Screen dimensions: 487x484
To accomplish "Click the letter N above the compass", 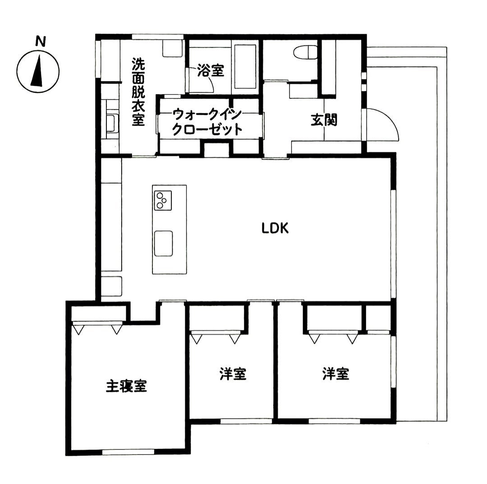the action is point(41,41).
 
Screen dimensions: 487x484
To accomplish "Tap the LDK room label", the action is point(275,229).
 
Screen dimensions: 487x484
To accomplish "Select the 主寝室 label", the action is point(126,386).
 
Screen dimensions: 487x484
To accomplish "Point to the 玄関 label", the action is point(324,120).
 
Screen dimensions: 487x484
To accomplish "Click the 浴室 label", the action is point(211,71).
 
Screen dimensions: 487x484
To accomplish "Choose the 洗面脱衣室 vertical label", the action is point(138,92).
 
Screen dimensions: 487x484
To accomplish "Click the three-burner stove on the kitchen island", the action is point(163,200).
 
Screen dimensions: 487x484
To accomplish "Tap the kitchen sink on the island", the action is point(163,244).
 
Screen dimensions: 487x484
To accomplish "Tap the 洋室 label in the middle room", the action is point(233,374).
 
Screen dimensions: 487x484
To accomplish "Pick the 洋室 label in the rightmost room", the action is point(336,373).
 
